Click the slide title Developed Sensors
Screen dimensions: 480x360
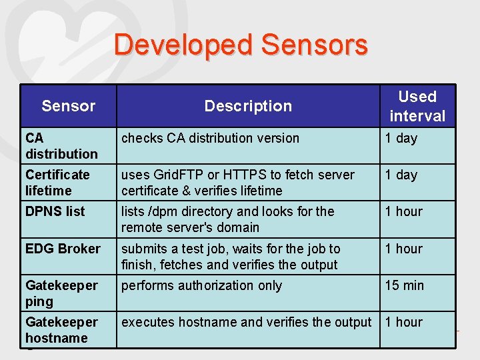pos(241,45)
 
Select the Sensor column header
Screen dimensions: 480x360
pos(68,106)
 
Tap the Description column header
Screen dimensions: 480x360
pos(248,106)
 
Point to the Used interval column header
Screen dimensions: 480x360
pos(417,106)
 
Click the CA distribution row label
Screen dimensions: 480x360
pos(61,146)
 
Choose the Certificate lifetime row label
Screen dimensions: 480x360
pos(57,183)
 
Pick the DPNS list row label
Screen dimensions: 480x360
pos(55,212)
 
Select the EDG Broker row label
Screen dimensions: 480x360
pos(63,249)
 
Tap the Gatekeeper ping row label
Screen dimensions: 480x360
pos(61,293)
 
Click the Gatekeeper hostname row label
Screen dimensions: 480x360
pos(61,330)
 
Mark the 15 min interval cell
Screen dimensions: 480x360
pos(404,285)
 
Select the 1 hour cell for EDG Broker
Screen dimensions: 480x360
pos(403,249)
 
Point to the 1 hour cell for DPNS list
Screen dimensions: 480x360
pos(403,211)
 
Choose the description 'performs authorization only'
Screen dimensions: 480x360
pos(201,285)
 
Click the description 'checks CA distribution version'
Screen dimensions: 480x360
pos(210,138)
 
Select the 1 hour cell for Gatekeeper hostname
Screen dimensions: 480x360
pos(403,322)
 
